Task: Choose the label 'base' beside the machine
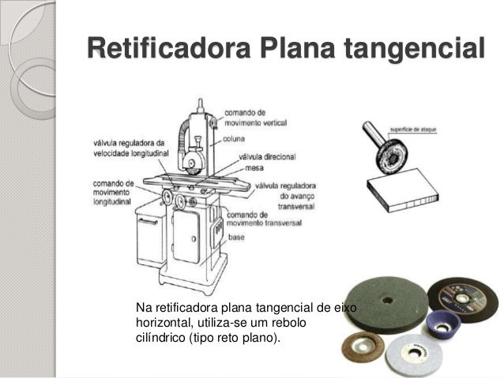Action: (237, 236)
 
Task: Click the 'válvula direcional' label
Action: (265, 156)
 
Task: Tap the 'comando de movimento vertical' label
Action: (250, 118)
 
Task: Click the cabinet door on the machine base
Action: (186, 236)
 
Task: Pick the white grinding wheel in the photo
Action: (416, 352)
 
